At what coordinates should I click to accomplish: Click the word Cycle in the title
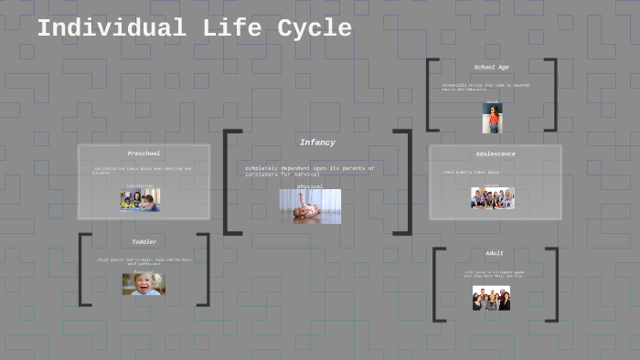pos(314,28)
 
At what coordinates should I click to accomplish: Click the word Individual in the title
pos(110,28)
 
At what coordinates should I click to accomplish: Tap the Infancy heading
pos(317,143)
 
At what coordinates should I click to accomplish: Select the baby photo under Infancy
pos(310,206)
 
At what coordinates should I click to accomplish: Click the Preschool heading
pos(144,154)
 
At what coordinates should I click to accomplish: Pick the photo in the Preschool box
pos(139,200)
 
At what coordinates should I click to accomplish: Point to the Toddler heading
pos(144,242)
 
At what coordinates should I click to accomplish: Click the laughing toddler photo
pos(144,283)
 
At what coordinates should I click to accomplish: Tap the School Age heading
pos(491,68)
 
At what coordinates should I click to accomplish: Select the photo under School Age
pos(492,118)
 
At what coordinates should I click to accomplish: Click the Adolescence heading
pos(495,154)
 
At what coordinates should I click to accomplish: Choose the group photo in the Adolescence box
pos(492,197)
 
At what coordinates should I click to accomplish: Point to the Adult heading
pos(494,253)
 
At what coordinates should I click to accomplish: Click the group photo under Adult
pos(491,298)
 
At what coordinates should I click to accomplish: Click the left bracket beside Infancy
pos(229,182)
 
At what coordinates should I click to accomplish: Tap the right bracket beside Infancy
pos(406,182)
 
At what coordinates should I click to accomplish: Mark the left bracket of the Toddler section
pos(81,269)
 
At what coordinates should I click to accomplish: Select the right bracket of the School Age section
pos(553,95)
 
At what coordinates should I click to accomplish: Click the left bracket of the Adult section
pos(436,284)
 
